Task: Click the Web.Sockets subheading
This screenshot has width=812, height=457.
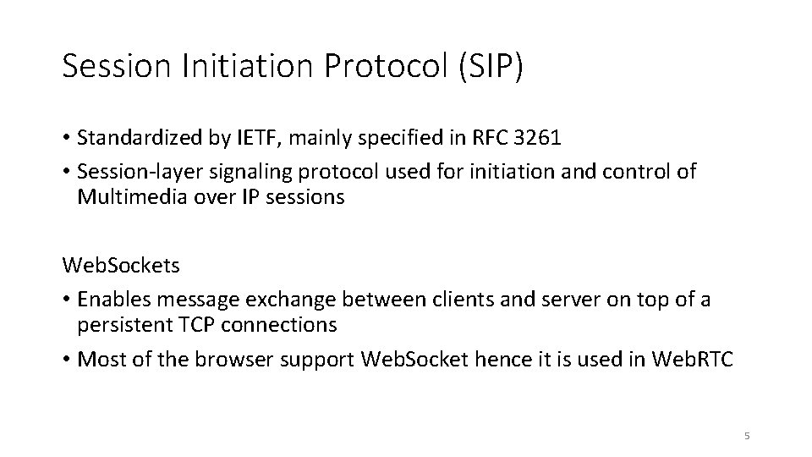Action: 121,265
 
